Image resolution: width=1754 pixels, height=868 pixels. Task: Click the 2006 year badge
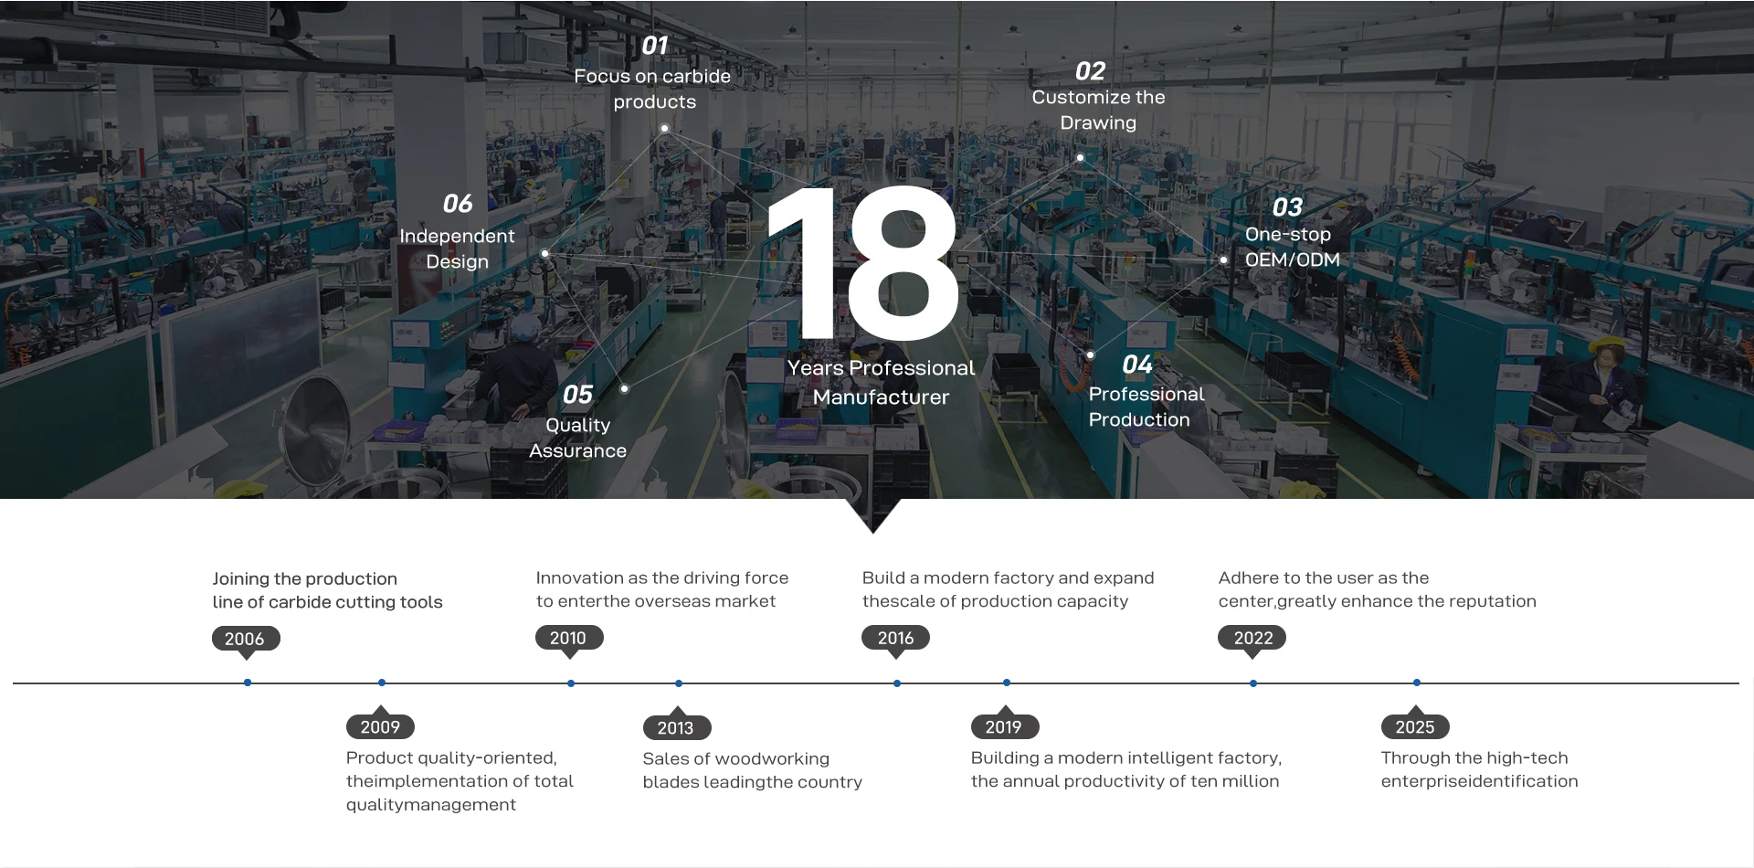click(x=245, y=639)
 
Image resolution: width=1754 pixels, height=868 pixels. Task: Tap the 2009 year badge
click(x=380, y=727)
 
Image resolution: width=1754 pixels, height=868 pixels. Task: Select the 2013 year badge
click(x=676, y=728)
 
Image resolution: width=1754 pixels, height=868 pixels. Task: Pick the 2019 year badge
click(x=1004, y=727)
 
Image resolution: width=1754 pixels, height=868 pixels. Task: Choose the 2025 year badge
click(x=1415, y=727)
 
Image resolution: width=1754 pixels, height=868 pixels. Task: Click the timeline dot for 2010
click(x=571, y=683)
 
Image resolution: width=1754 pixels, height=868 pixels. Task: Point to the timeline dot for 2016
click(x=897, y=683)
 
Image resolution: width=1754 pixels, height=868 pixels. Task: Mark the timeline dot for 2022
click(x=1253, y=683)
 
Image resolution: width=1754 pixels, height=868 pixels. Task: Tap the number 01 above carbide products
click(x=655, y=46)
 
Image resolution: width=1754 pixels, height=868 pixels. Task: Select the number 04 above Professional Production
click(x=1137, y=365)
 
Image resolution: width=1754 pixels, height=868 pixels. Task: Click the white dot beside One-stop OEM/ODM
click(x=1224, y=260)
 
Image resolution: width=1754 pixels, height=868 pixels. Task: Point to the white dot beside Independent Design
click(x=545, y=254)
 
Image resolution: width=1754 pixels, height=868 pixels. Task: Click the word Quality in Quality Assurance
click(x=577, y=426)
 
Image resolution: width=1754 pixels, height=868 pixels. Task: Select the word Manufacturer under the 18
click(x=881, y=397)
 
